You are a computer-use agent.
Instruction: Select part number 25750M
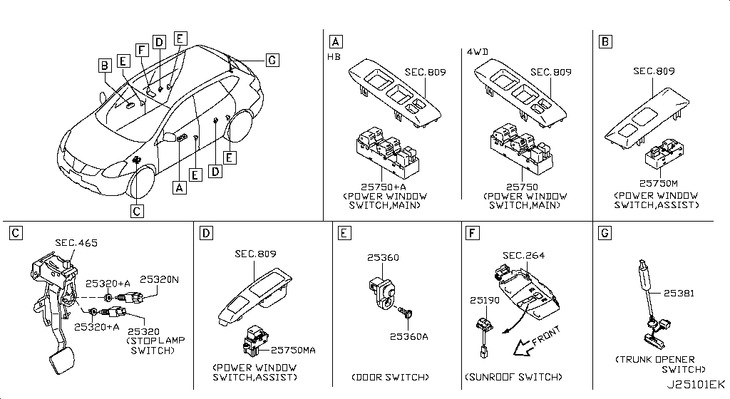[657, 183]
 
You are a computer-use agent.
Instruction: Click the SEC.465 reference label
[76, 243]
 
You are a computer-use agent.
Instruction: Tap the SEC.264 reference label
[523, 255]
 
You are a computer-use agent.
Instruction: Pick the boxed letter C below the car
[137, 210]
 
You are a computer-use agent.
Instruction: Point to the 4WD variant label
[477, 52]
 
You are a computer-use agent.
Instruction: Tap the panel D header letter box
[205, 233]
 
